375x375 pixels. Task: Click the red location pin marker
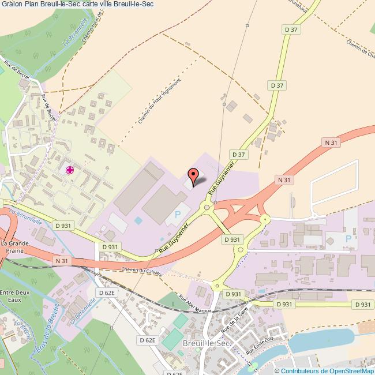coord(193,174)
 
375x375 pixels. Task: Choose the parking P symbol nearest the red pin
coord(177,215)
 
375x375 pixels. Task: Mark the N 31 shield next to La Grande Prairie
coord(62,261)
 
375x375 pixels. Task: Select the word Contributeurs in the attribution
coord(301,371)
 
